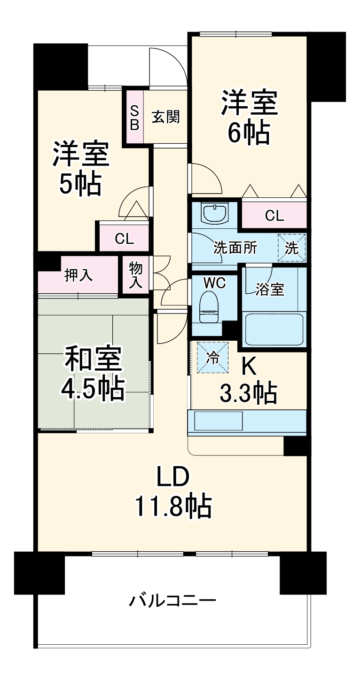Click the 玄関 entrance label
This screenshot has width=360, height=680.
tap(166, 117)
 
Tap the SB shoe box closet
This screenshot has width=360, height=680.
tap(134, 117)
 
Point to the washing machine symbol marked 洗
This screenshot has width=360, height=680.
tap(292, 248)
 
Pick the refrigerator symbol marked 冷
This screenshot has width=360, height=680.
tap(212, 357)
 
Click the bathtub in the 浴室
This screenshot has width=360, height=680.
tap(274, 330)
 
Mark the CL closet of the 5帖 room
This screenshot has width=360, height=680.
tap(124, 239)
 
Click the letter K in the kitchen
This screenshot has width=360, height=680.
tap(248, 366)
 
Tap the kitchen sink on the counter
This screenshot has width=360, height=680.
tap(218, 421)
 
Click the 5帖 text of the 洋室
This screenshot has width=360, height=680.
tap(80, 184)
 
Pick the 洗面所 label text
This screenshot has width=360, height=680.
tap(235, 248)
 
